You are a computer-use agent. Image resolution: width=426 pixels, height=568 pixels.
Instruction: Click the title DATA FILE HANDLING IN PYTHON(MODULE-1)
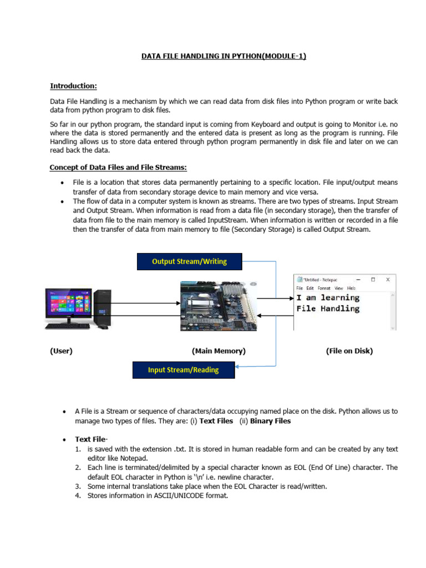pos(224,56)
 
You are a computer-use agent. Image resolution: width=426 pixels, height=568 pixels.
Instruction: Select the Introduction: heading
pos(73,86)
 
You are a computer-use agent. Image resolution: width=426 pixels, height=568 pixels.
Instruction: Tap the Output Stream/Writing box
pos(189,261)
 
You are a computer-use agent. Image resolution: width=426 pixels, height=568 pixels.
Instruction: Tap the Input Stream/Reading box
pos(183,370)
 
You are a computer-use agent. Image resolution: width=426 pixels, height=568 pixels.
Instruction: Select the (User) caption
pos(61,351)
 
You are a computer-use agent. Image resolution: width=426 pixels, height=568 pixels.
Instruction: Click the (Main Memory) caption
pos(219,351)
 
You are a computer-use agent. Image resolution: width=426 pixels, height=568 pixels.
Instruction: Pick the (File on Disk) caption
pos(349,351)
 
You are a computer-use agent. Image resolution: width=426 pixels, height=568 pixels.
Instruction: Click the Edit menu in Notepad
pos(311,288)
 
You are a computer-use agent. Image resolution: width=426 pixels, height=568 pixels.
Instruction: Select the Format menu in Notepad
pos(324,288)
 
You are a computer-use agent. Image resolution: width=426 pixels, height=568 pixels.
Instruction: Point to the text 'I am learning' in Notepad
pos(328,298)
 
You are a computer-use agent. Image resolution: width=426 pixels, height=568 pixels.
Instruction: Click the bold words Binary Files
pos(270,421)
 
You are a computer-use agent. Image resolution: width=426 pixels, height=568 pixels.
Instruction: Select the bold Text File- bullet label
pos(92,439)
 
